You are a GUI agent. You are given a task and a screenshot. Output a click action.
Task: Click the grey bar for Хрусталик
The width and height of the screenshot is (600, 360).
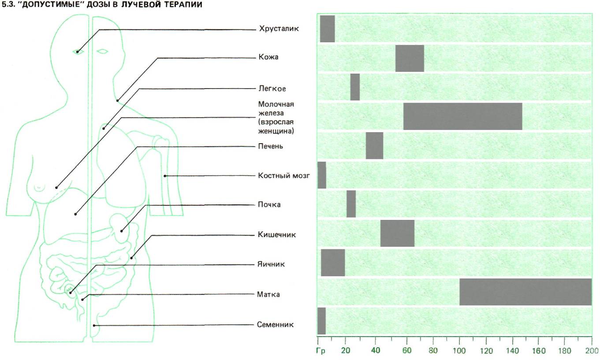(x=327, y=29)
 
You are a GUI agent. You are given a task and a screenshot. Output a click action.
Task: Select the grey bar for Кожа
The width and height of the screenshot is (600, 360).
(x=410, y=58)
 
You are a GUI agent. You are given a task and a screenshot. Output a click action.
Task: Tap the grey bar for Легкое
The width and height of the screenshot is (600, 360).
(x=355, y=87)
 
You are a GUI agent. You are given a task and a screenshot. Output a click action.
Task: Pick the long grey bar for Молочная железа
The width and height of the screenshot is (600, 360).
(x=462, y=116)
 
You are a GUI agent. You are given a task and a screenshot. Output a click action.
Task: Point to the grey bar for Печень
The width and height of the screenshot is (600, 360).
(x=374, y=145)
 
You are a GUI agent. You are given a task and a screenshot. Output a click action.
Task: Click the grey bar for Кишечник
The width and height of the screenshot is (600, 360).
(x=397, y=233)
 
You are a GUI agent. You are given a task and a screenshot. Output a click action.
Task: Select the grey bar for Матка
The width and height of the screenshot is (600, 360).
(x=525, y=291)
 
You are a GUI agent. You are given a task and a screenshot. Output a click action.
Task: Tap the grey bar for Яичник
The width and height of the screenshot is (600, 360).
(x=333, y=262)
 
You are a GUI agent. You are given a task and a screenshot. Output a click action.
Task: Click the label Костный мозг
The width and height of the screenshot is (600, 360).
(x=284, y=175)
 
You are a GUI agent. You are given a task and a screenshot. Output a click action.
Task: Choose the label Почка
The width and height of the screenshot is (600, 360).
(x=269, y=204)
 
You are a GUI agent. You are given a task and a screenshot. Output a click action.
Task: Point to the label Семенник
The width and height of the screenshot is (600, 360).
(x=275, y=325)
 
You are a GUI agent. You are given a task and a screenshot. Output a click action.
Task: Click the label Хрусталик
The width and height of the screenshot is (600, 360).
(x=273, y=29)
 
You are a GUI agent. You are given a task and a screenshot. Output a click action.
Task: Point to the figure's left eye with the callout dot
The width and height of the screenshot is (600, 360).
(x=78, y=52)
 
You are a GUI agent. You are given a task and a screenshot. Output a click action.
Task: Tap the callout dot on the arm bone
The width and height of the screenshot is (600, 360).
(x=165, y=176)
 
